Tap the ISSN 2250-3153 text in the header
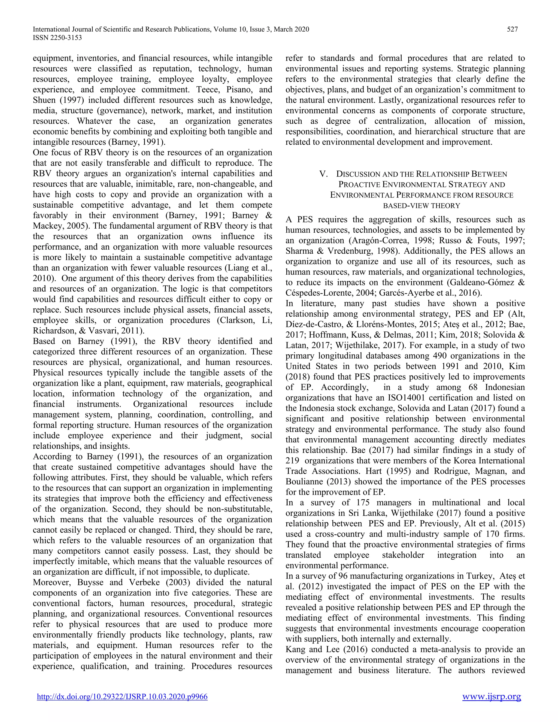pyautogui.click(x=57, y=38)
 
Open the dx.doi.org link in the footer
pyautogui.click(x=122, y=697)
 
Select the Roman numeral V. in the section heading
pyautogui.click(x=324, y=174)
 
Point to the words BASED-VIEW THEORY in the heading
pyautogui.click(x=421, y=206)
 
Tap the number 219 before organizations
pyautogui.click(x=292, y=460)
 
